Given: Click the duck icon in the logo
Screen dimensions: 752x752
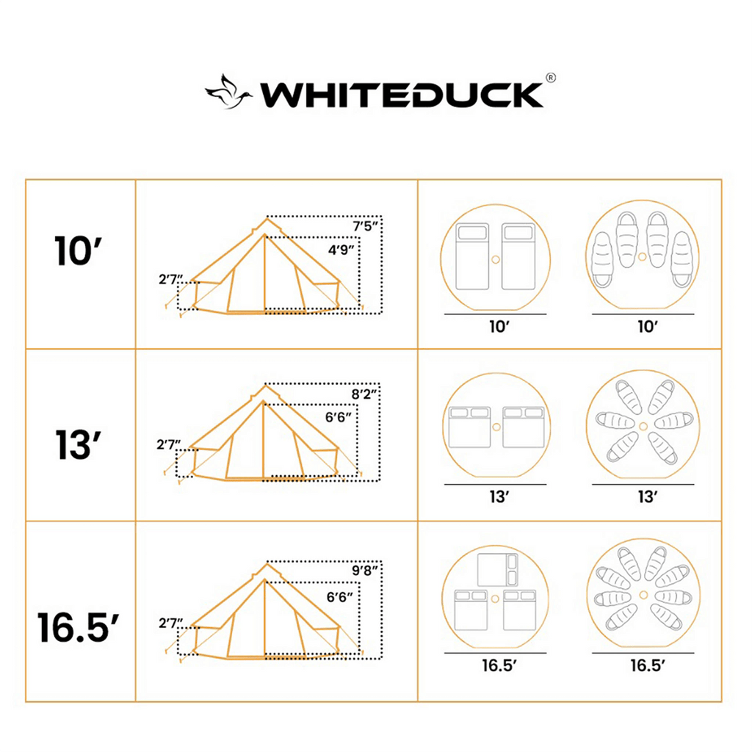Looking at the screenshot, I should (228, 93).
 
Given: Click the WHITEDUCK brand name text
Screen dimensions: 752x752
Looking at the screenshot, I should (402, 95).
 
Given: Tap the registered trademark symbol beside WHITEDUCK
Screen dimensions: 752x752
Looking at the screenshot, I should (549, 78).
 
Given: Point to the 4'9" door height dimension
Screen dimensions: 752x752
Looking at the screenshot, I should (341, 250).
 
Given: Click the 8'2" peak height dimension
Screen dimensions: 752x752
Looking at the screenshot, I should (364, 394).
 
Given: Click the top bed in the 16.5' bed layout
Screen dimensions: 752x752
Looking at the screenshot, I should (497, 570).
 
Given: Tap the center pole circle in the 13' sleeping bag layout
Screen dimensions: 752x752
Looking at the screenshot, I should (643, 426).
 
